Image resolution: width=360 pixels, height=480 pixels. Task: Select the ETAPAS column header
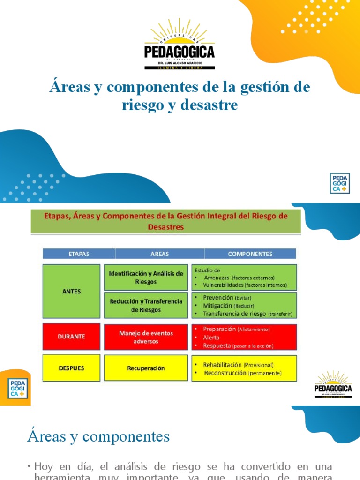point(79,254)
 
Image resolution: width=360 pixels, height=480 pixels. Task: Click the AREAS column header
point(160,254)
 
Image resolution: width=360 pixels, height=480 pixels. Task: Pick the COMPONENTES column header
point(250,254)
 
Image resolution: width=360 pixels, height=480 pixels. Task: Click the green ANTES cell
point(71,291)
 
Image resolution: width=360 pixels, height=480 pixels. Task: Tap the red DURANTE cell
point(71,336)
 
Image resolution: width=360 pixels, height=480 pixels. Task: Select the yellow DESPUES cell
point(71,368)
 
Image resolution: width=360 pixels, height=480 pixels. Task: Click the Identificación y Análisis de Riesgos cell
point(146,277)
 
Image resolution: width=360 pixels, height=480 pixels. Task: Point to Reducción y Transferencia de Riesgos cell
point(146,305)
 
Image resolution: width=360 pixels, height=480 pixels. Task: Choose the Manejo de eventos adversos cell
point(146,337)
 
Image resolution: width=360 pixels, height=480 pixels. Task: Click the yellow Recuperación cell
point(146,368)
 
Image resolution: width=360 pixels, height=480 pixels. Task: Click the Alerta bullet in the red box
point(211,337)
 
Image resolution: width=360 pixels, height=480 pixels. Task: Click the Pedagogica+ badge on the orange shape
point(18,389)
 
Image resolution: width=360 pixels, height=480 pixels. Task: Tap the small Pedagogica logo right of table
point(333,385)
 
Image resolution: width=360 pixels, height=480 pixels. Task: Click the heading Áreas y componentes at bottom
point(98,436)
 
